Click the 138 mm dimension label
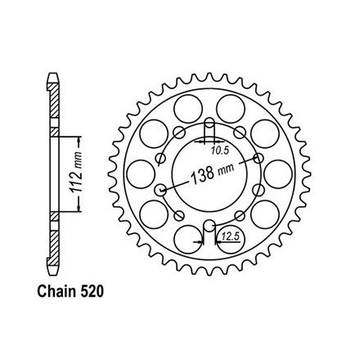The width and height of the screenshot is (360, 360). coord(212,173)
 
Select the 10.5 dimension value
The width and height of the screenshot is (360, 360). coord(220,151)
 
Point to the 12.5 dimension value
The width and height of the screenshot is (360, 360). coord(231,237)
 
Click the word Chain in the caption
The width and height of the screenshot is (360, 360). coord(56,291)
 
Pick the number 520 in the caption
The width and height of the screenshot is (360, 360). coord(92,291)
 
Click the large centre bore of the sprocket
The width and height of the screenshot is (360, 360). coord(209,174)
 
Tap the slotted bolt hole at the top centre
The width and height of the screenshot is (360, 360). coord(209,129)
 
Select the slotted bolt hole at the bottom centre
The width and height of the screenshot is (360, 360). coord(209,230)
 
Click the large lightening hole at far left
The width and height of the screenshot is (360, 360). coord(141,174)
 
